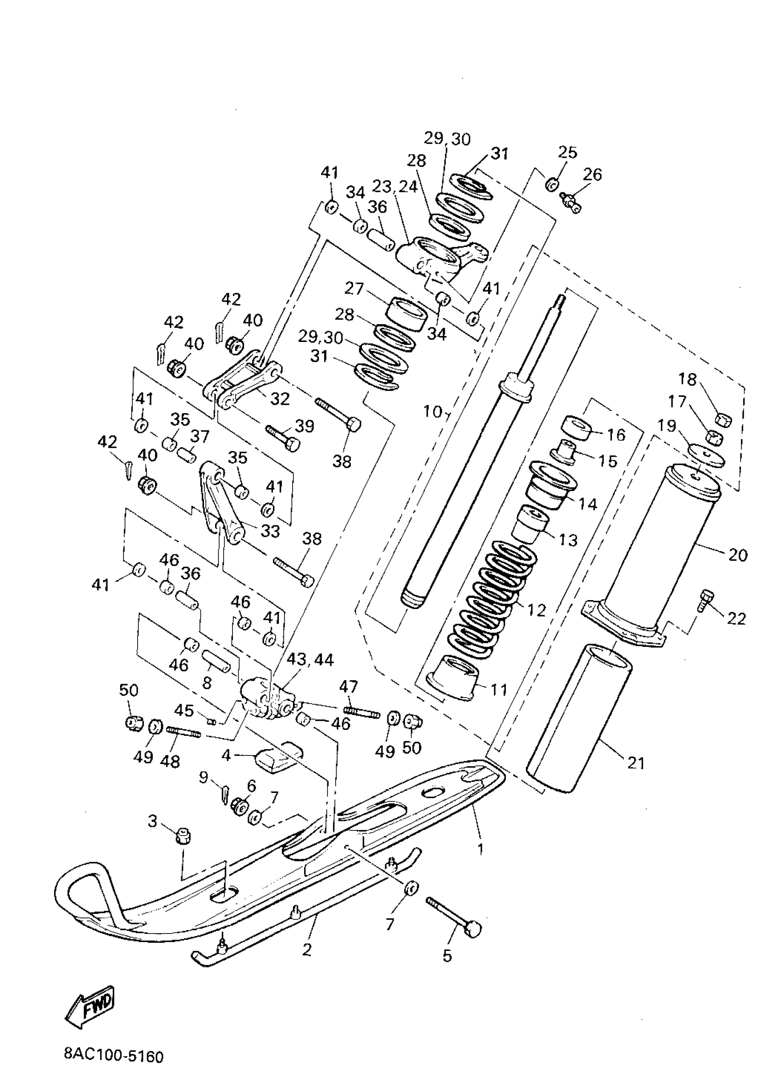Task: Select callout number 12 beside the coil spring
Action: coord(536,610)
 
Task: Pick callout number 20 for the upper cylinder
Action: coord(737,555)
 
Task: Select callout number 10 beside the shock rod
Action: coord(432,412)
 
